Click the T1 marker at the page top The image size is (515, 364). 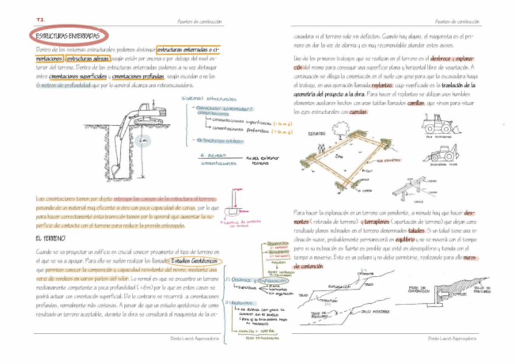coord(41,21)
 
